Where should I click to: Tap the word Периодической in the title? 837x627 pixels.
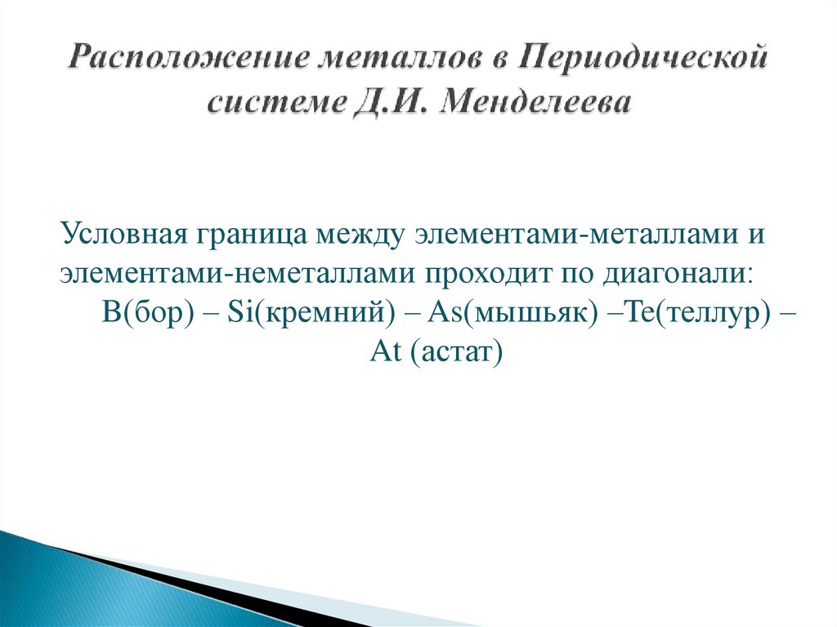point(645,60)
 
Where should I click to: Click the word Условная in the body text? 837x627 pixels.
point(123,235)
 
